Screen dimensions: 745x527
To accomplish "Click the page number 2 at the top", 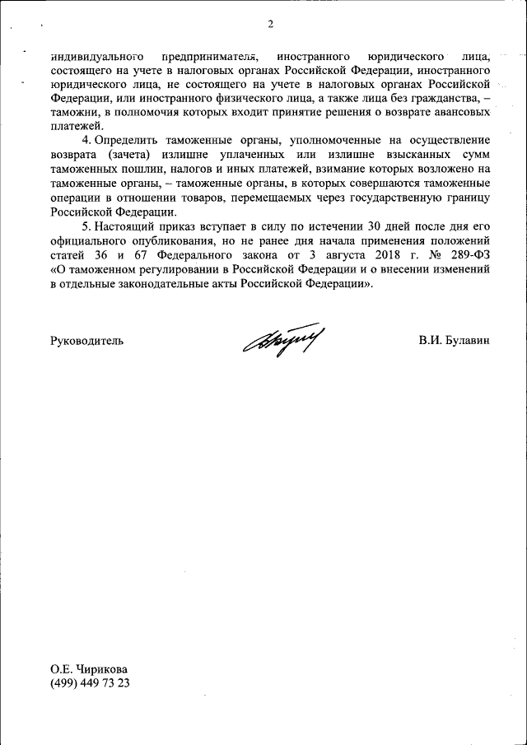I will (270, 23).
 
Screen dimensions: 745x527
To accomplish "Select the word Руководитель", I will (87, 340).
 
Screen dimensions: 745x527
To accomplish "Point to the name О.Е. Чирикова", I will (89, 669).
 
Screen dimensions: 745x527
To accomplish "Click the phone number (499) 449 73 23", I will (91, 683).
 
